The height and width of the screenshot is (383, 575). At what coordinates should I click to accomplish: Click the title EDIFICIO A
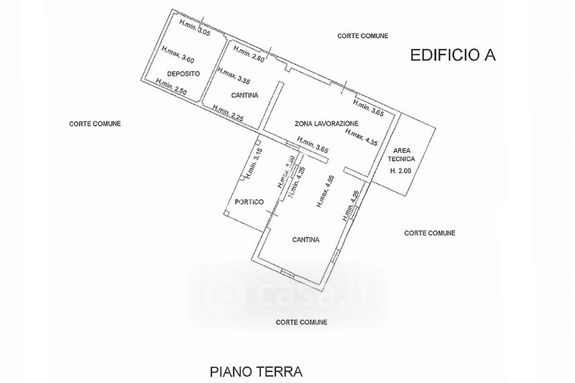pos(454,55)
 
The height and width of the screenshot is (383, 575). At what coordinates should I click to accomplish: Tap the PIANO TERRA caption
pos(256,372)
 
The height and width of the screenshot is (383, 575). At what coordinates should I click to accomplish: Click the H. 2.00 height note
pos(402,171)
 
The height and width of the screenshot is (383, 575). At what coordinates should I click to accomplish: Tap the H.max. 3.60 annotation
pos(178,57)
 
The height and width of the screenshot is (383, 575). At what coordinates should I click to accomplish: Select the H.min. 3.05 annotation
pos(194,28)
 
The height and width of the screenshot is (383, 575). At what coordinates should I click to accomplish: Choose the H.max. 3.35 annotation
pos(233,76)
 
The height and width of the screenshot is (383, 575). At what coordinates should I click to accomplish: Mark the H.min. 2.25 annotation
pos(229,112)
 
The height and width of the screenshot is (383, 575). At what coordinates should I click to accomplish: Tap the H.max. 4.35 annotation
pos(362,136)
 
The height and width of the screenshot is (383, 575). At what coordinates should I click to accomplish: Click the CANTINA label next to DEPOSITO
pos(244,96)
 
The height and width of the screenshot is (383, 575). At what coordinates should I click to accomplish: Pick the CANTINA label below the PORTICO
pos(305,240)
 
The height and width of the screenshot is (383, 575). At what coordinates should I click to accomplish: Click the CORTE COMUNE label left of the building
pos(95,124)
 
